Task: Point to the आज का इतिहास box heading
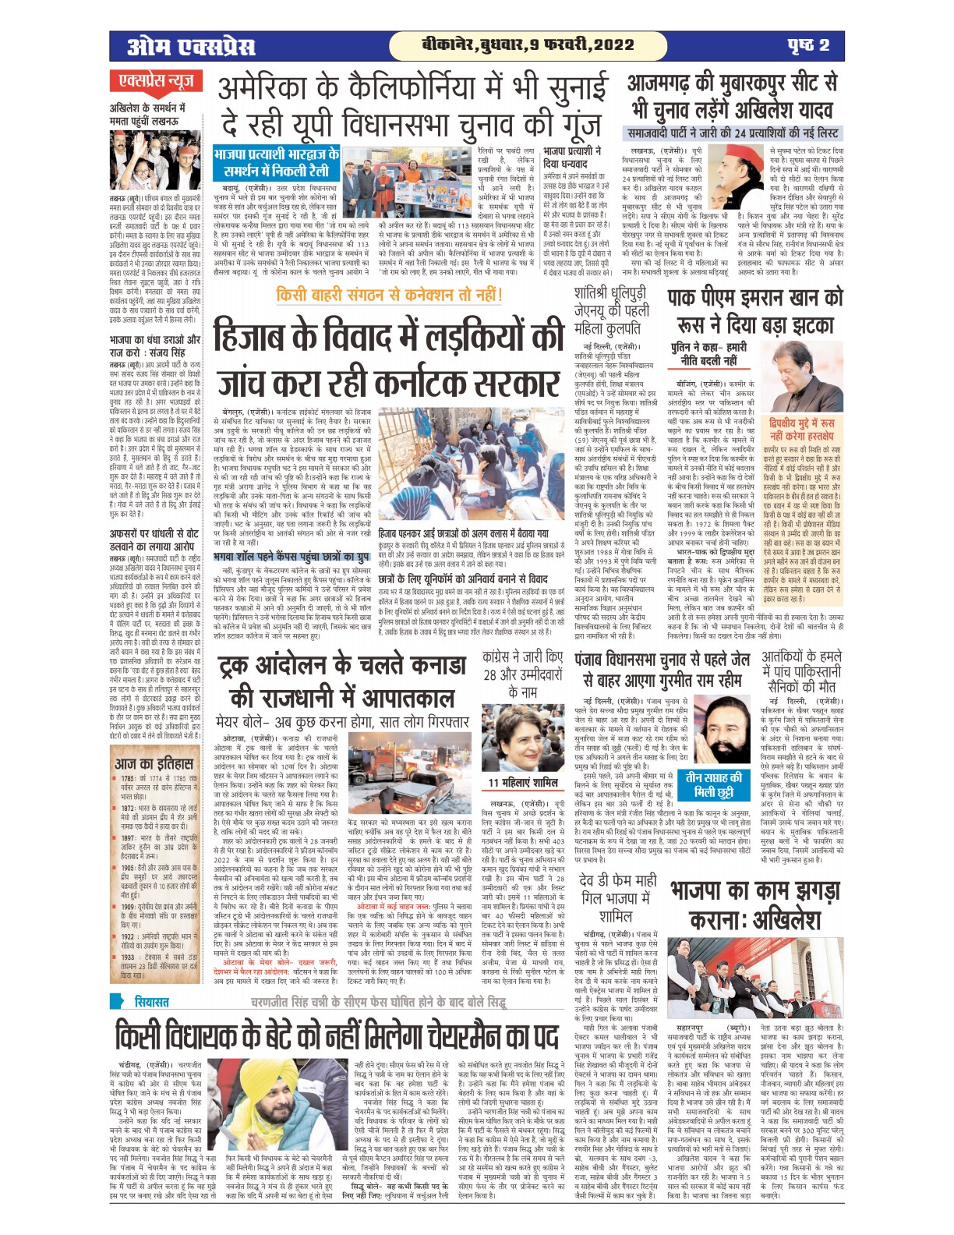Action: (x=153, y=763)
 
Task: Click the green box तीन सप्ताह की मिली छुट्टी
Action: (x=713, y=785)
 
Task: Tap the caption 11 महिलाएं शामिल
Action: (x=522, y=783)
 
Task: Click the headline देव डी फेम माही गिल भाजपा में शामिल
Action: (x=619, y=898)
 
